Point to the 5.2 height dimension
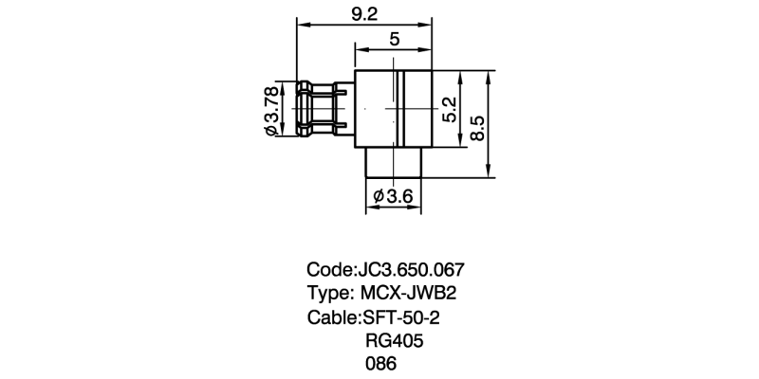[x=450, y=109]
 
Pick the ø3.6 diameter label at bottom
[x=394, y=196]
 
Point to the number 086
[x=380, y=364]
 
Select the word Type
[x=327, y=292]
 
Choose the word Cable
[x=331, y=316]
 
